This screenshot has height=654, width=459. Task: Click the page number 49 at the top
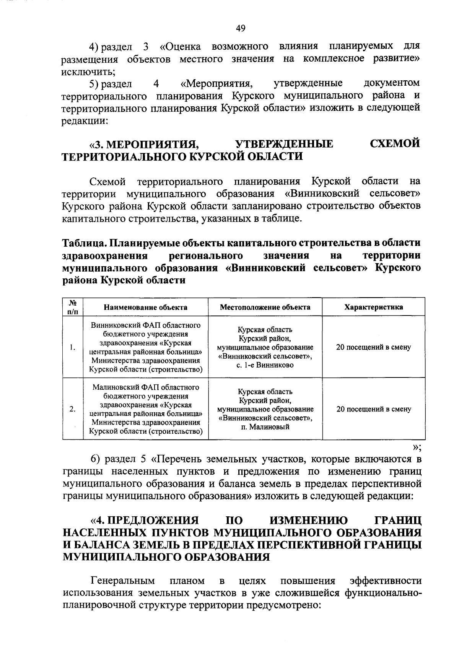coord(241,28)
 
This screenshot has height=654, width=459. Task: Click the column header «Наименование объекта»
coord(145,307)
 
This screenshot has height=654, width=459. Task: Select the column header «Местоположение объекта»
coord(265,307)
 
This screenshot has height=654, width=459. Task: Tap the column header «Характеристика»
coord(373,307)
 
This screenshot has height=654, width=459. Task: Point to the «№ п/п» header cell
coord(73,307)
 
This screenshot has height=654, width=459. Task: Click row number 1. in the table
coord(72,347)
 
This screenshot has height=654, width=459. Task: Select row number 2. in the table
coord(72,409)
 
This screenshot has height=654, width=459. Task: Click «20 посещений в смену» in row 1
coord(373,347)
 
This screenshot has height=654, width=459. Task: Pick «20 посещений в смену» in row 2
coord(374,409)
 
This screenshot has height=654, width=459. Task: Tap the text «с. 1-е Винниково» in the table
coord(265,365)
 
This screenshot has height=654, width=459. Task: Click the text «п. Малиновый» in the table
coord(265,426)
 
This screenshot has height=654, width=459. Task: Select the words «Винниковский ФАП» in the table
coord(121,325)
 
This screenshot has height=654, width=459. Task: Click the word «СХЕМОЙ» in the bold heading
coord(395,144)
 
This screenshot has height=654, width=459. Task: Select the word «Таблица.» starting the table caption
coord(84,243)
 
